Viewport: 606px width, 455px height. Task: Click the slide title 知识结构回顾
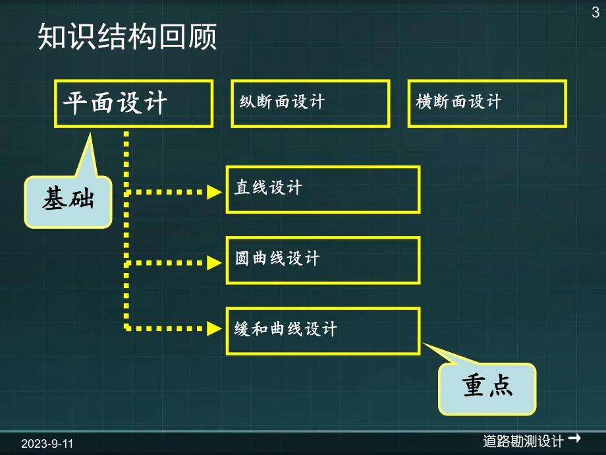tap(127, 38)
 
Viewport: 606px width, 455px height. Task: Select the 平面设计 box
tap(134, 104)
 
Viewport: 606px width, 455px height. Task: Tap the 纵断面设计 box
tap(310, 104)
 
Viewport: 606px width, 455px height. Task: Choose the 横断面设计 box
tap(487, 104)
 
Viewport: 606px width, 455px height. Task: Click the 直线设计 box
tap(323, 189)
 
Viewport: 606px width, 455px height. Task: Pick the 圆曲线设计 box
tap(323, 260)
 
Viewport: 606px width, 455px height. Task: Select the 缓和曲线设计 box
tap(323, 330)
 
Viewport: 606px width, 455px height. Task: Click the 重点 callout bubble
tap(487, 389)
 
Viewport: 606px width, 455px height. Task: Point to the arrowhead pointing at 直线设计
tap(214, 193)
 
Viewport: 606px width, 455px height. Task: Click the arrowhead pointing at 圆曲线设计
tap(214, 262)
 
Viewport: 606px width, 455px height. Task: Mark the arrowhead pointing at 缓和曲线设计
tap(214, 326)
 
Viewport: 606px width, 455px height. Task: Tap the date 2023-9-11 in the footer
tap(46, 443)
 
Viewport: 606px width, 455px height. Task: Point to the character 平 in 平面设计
tap(75, 104)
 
